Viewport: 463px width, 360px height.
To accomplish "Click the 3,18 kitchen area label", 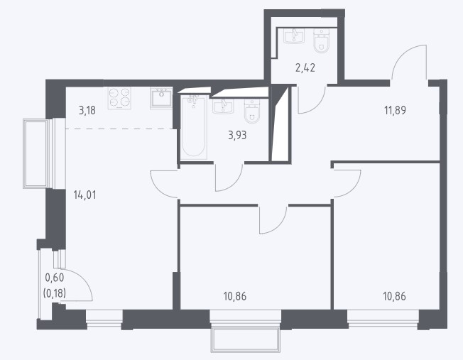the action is [x=87, y=111].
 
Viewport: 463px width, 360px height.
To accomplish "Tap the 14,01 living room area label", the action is [x=85, y=195].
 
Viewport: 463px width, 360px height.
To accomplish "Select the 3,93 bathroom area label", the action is [x=237, y=136].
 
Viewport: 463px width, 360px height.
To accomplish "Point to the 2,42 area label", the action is [x=305, y=68].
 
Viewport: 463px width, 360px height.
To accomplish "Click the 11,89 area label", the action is [x=395, y=111].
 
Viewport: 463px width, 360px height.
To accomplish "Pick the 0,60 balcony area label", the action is [x=55, y=278].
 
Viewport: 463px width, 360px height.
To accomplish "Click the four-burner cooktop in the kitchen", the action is [x=119, y=98].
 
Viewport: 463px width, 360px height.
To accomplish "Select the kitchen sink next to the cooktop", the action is [x=161, y=98].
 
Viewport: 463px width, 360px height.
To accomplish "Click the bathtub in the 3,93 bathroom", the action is [x=194, y=127].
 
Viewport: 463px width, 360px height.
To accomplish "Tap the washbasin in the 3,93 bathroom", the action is [x=223, y=106].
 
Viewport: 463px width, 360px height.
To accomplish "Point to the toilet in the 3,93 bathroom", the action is [x=252, y=111].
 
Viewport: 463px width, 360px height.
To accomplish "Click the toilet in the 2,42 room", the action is [x=321, y=40].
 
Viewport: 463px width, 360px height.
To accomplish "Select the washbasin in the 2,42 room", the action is [x=294, y=36].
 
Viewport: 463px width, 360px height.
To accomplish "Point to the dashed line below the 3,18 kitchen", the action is [x=119, y=129].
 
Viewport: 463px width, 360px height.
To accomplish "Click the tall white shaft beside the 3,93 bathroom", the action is [x=280, y=124].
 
